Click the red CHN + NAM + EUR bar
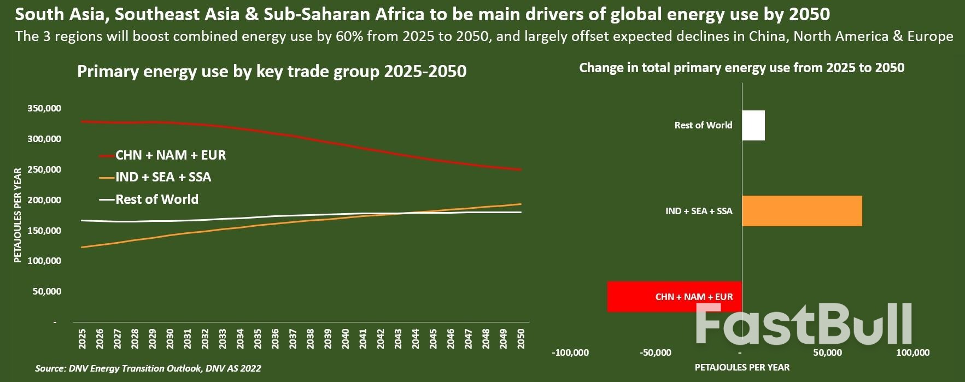coord(674,297)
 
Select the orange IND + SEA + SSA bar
coord(802,211)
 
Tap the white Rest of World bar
coord(753,125)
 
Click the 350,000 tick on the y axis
coord(44,108)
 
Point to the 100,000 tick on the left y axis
coord(44,261)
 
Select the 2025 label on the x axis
coord(83,339)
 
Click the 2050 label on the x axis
coord(520,339)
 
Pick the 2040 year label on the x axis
coord(345,339)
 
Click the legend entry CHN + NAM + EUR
coord(170,155)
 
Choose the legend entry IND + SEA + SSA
coord(163,177)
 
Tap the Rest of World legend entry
coord(156,199)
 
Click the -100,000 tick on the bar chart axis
coord(570,352)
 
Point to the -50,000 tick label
coord(656,352)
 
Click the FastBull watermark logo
coord(804,324)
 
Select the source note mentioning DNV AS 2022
coord(148,368)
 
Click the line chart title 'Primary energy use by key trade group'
coord(272,72)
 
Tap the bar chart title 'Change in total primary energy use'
coord(741,68)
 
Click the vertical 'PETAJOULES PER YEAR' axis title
coord(17,215)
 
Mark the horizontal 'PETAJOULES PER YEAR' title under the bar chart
coord(742,367)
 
